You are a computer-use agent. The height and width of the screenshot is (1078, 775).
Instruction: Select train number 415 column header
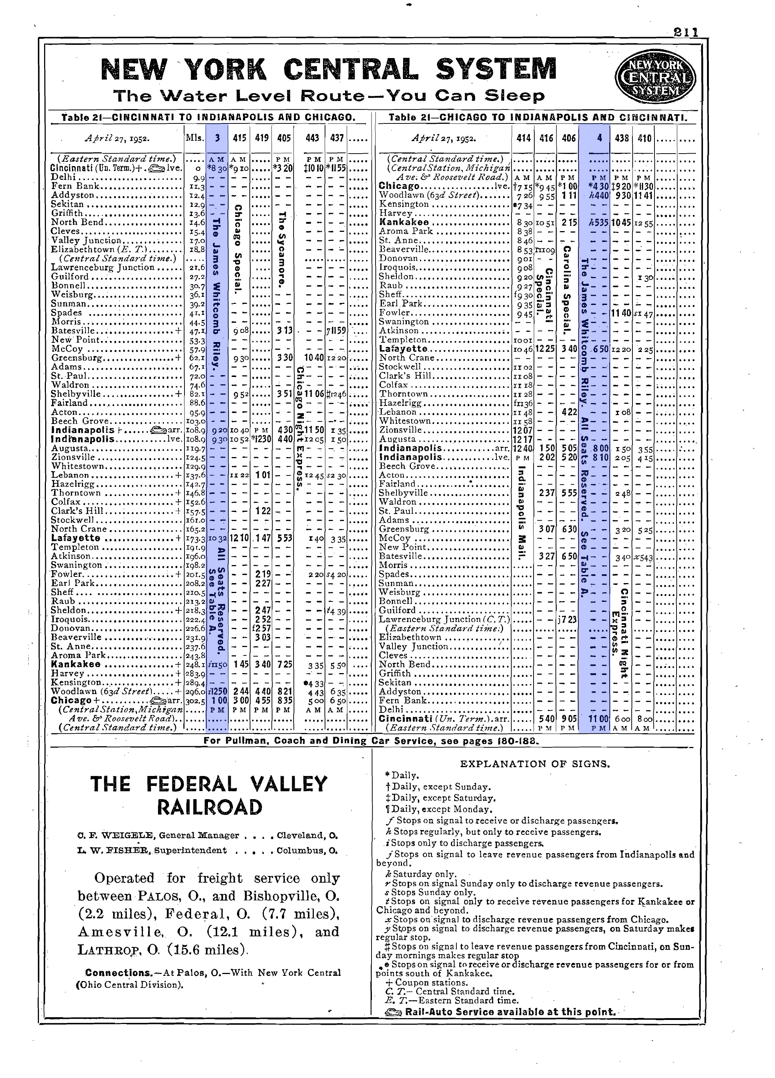coord(239,138)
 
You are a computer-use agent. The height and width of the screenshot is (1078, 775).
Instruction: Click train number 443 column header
coord(312,138)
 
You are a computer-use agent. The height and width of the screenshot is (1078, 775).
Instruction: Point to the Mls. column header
coord(195,138)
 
